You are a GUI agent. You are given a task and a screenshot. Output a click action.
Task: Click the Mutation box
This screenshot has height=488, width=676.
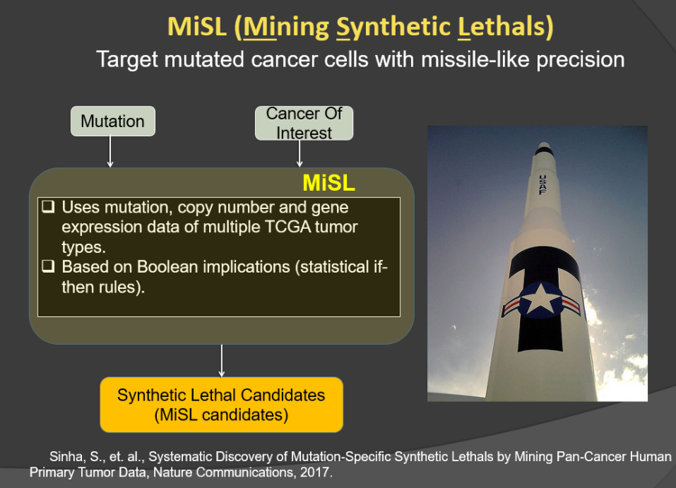(113, 122)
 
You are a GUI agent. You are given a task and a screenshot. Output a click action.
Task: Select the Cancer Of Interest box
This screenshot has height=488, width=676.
(304, 123)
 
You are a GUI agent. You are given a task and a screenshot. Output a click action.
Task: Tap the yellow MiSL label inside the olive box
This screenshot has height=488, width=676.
(328, 183)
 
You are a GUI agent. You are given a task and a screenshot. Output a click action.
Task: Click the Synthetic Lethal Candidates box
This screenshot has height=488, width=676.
(222, 405)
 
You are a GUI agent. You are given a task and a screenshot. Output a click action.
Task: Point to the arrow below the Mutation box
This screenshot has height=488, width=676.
(110, 151)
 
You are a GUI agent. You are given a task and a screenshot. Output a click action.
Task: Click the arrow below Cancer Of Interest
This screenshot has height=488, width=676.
(299, 153)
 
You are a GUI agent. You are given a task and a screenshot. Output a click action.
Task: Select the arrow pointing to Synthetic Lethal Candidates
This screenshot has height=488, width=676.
(222, 361)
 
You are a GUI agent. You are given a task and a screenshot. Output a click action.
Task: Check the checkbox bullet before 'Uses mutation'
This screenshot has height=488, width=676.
(49, 207)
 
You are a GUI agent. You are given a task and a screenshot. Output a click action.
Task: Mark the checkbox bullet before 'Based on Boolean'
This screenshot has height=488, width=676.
(49, 267)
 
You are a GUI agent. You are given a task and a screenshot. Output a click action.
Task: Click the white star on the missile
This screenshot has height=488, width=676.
(540, 299)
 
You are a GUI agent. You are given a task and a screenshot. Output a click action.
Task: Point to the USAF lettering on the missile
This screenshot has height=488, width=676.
(543, 185)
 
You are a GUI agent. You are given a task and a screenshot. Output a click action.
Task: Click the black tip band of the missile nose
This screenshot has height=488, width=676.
(544, 151)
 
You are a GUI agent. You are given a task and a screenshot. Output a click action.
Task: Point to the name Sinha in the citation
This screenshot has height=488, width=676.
(67, 457)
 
